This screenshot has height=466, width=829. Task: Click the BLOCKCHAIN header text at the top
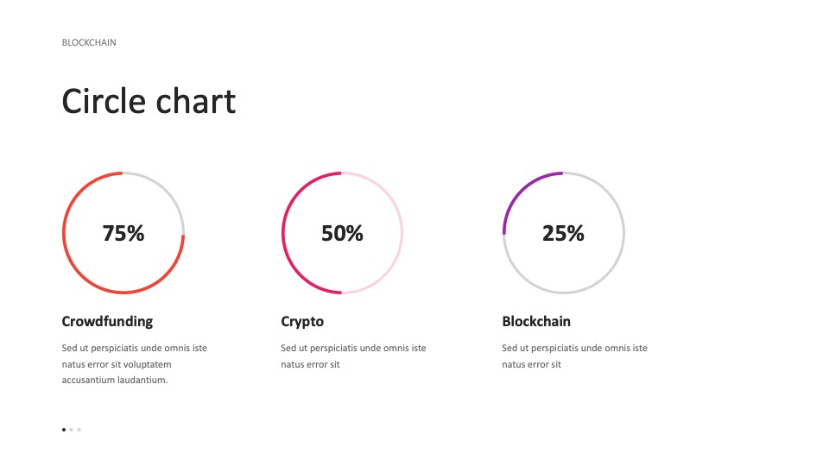[89, 42]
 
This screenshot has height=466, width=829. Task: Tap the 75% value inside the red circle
[123, 233]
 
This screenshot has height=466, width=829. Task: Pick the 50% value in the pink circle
[342, 233]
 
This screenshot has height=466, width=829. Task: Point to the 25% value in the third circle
[563, 233]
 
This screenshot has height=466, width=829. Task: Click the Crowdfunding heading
[107, 321]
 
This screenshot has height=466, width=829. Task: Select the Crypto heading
[302, 322]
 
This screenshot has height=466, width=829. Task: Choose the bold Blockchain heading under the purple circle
[536, 321]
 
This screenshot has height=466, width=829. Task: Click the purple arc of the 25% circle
[521, 190]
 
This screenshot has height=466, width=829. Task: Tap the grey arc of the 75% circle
[166, 190]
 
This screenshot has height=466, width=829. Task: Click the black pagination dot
[64, 430]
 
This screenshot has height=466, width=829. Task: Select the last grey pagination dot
[79, 430]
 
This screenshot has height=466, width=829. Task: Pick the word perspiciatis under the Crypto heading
[326, 348]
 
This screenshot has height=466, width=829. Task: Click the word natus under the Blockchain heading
[513, 364]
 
